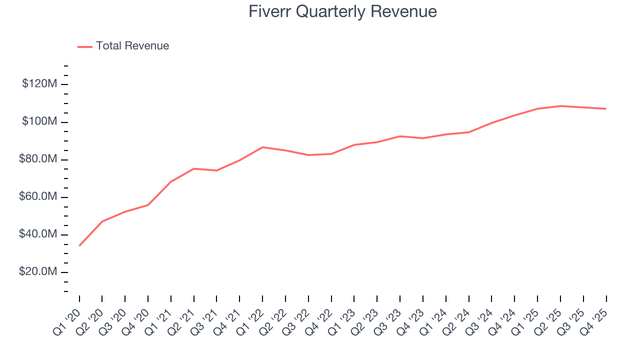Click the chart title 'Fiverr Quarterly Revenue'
(342, 11)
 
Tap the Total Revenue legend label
(132, 46)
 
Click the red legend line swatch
(85, 46)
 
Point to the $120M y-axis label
(39, 84)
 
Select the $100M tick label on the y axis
(39, 122)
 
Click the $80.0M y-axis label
(37, 159)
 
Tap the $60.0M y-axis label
(37, 197)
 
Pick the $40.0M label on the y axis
(37, 234)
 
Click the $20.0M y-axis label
(37, 272)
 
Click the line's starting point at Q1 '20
(79, 245)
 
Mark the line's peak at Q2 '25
(560, 106)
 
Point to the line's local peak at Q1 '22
(262, 147)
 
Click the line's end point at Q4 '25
(606, 108)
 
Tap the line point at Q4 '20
(148, 205)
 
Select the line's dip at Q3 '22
(308, 155)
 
